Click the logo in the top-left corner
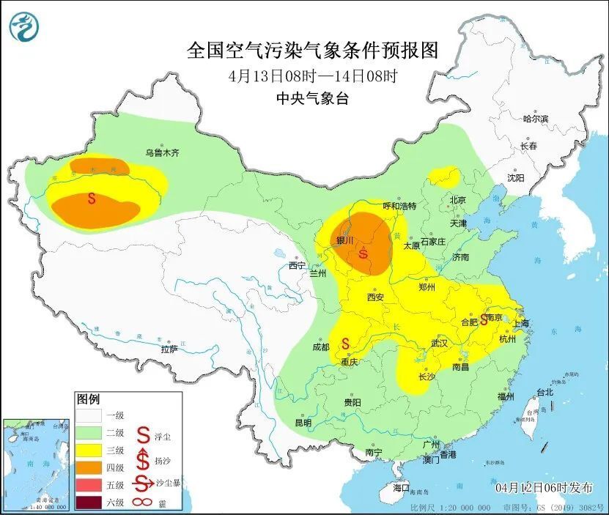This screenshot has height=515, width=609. coord(23,27)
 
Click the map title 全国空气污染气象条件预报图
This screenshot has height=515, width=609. coord(312,51)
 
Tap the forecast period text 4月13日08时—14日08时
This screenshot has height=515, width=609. coord(313,75)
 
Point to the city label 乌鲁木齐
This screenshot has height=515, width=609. coord(162,153)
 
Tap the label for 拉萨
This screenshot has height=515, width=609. coord(169,349)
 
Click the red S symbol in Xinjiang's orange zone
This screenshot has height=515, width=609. coord(92,198)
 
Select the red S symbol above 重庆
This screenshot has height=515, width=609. coord(344,343)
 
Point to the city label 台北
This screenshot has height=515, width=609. coord(545,392)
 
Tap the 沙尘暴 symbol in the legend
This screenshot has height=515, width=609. coord(144,483)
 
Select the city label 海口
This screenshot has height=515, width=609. coord(401,488)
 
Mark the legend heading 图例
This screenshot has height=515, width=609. coord(89,399)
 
